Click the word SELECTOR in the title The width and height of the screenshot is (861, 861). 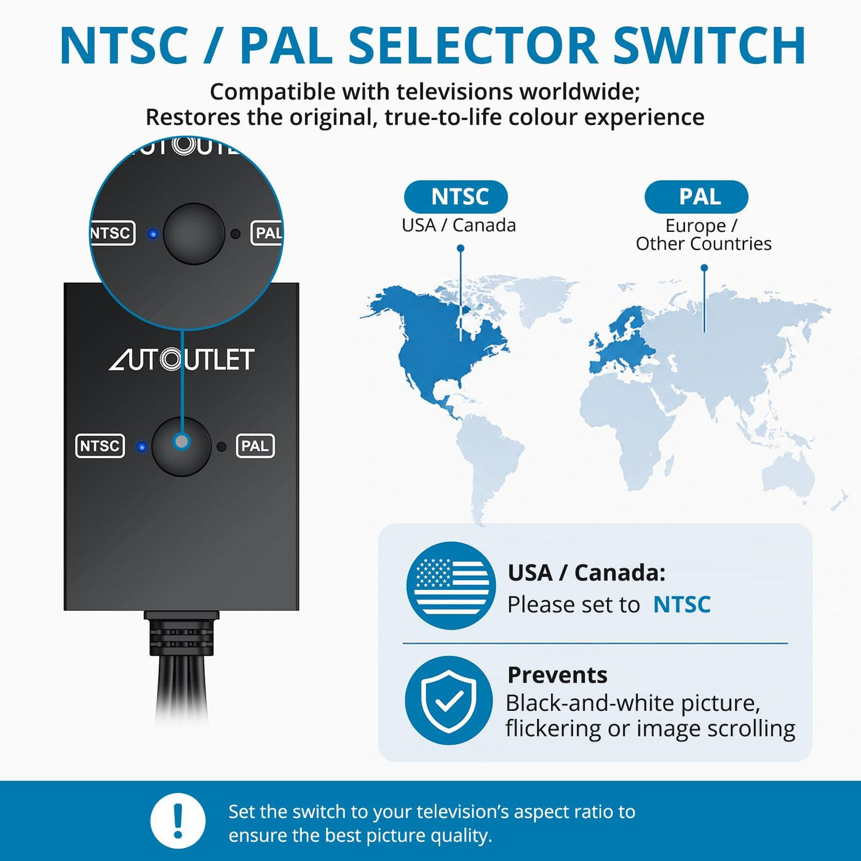(473, 46)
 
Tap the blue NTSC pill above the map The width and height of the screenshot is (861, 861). (456, 197)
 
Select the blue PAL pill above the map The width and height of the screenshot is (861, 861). (696, 197)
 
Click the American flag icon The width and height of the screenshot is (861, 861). (451, 585)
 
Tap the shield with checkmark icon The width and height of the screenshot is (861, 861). (449, 700)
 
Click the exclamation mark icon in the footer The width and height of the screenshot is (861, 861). (178, 821)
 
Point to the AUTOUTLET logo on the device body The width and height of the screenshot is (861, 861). (182, 360)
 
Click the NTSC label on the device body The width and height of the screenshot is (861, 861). (100, 446)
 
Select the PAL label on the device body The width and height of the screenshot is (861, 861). (255, 446)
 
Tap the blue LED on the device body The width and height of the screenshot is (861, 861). (141, 447)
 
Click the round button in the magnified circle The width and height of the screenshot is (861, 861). (194, 234)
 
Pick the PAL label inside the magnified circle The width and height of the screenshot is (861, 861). (267, 233)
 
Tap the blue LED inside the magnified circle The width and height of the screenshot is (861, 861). (153, 234)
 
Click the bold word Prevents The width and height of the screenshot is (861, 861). (557, 675)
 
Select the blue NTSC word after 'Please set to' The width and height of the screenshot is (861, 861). (681, 605)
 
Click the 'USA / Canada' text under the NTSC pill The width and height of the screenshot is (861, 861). (458, 226)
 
